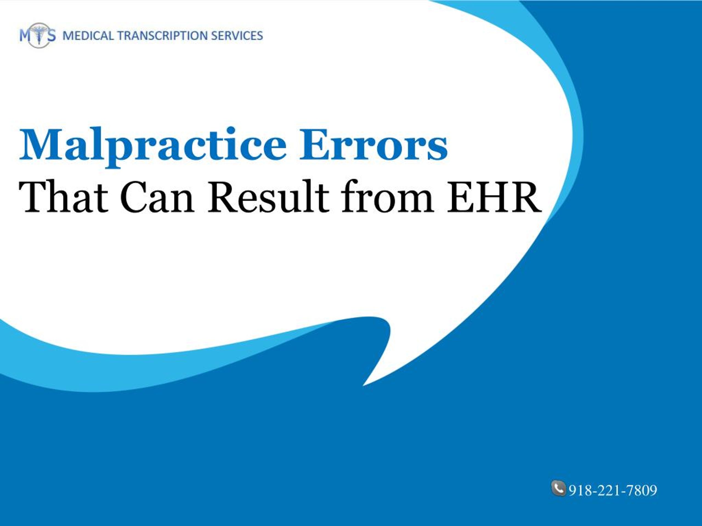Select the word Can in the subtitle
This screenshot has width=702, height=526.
coord(157,197)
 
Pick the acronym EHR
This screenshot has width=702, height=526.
coord(494,197)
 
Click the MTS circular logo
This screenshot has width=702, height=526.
coord(38,35)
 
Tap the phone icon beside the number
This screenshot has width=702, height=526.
coord(559,488)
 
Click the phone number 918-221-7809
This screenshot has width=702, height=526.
coord(613,490)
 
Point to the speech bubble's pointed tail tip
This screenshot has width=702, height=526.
coord(363,385)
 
